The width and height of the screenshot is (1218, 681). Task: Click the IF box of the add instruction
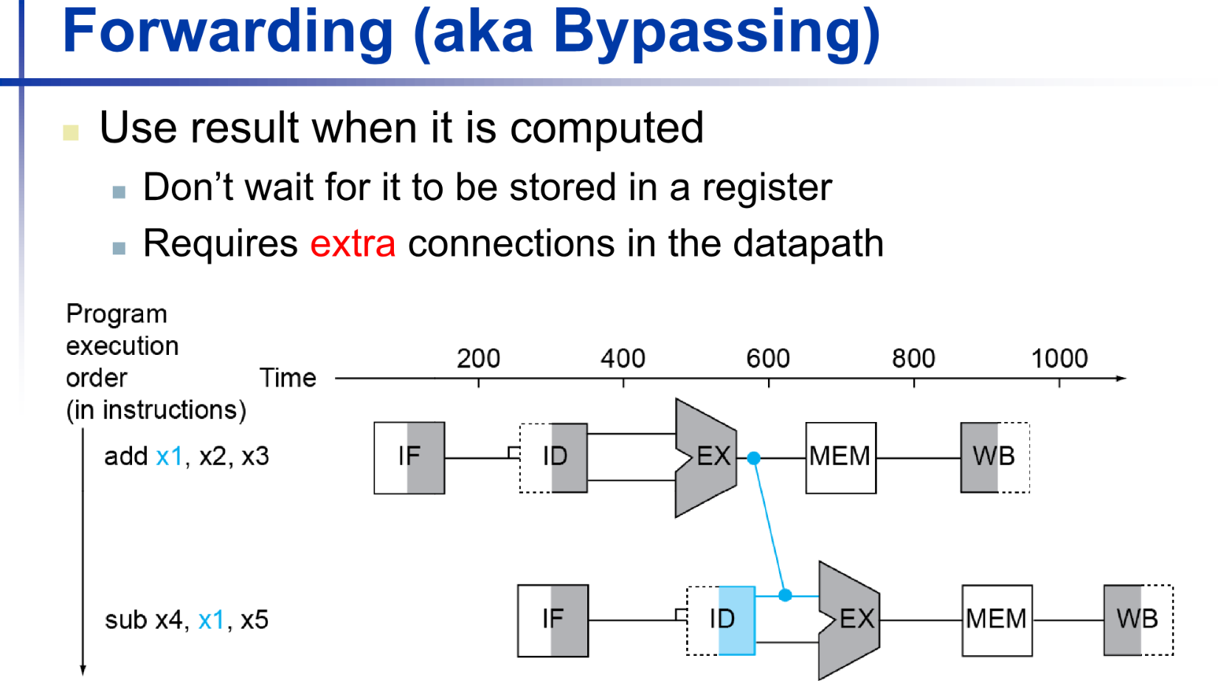coord(409,457)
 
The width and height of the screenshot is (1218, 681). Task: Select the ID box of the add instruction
coord(553,457)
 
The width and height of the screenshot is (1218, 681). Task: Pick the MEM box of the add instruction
coord(840,457)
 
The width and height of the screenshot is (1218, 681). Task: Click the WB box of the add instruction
coord(994,457)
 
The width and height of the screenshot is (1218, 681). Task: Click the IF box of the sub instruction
coord(553,620)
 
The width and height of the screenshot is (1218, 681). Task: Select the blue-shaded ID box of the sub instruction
coord(721,620)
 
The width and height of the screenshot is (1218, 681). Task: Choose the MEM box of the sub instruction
coord(997,620)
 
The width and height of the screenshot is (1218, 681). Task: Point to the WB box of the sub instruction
coord(1138,620)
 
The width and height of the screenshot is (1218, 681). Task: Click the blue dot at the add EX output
coord(753,458)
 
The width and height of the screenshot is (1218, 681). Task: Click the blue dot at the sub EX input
coord(785,595)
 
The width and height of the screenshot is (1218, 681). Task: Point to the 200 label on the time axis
coord(478,359)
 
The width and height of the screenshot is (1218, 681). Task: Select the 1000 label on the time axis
coord(1059,359)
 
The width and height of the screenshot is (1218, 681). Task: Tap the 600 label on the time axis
coord(768,359)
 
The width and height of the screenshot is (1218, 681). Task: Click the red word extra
coord(353,243)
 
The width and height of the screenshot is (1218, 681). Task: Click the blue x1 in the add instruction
coord(169,457)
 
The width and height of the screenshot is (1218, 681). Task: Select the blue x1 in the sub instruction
coord(211,620)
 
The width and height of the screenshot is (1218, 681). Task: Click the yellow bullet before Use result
coord(71,133)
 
